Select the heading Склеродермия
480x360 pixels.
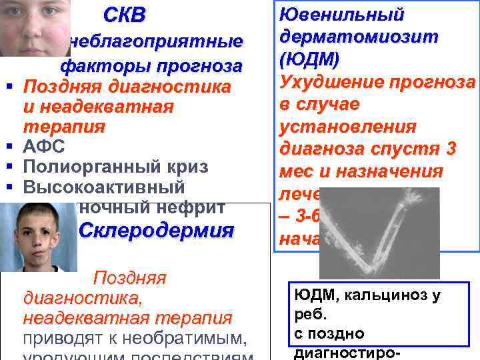(x=157, y=231)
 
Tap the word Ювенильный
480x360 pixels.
(x=341, y=14)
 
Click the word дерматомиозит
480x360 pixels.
(x=359, y=37)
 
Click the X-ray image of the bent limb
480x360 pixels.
(x=379, y=233)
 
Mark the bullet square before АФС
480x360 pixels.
(x=11, y=145)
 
